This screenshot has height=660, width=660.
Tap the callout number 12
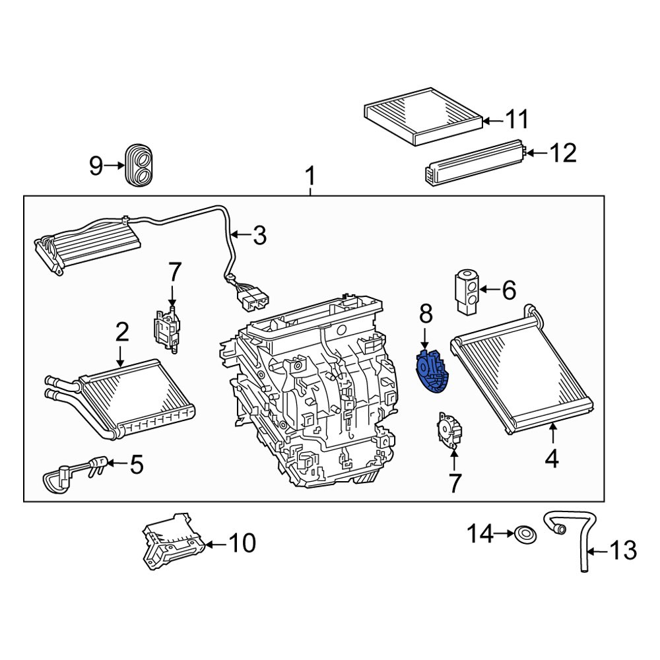pyautogui.click(x=563, y=153)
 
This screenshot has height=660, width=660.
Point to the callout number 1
pyautogui.click(x=310, y=177)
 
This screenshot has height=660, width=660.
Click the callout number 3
pyautogui.click(x=259, y=235)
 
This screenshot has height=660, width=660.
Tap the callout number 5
pyautogui.click(x=136, y=465)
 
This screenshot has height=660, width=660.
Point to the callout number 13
pyautogui.click(x=622, y=550)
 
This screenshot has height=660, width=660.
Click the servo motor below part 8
pyautogui.click(x=447, y=430)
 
